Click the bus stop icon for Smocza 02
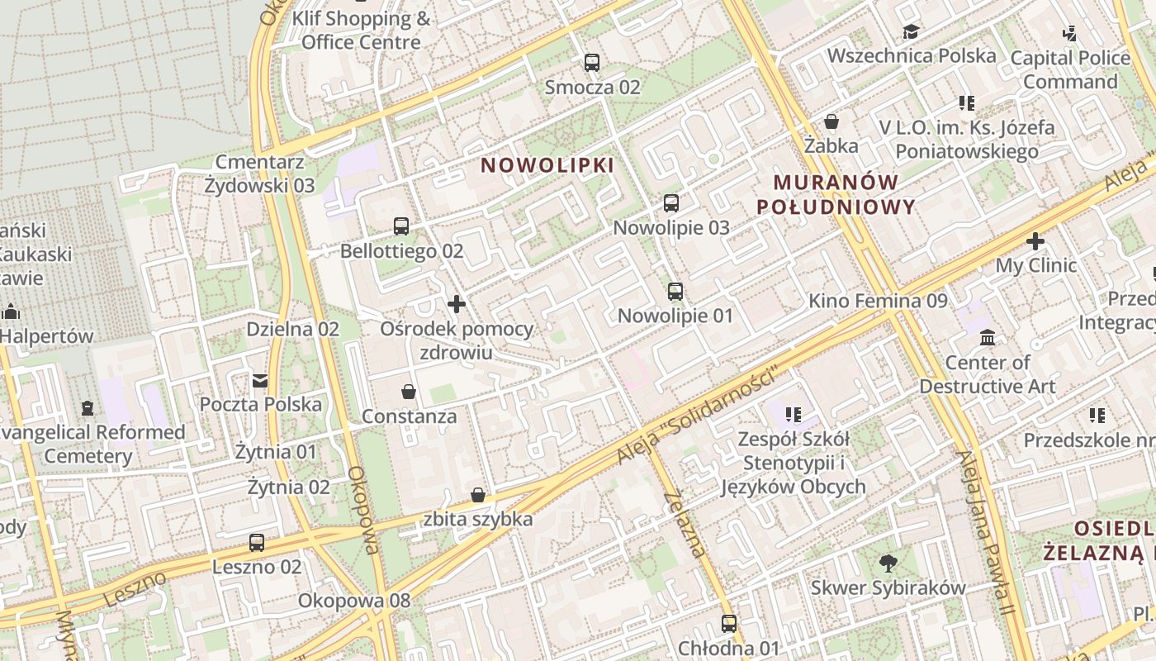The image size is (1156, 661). (591, 62)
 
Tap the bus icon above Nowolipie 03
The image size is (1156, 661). (671, 202)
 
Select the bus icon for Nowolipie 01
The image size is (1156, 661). (675, 291)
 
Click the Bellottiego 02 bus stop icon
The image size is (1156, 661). (401, 226)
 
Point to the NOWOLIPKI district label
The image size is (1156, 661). (547, 165)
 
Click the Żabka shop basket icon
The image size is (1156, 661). (831, 121)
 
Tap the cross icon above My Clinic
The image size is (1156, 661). (1035, 241)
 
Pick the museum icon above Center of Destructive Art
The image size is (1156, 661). (988, 337)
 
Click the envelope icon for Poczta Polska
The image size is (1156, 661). (260, 380)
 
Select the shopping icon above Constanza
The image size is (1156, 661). (409, 391)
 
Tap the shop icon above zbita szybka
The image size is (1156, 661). (478, 495)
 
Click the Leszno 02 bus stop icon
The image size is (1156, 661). (257, 543)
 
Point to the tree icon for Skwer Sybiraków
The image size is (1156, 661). (888, 564)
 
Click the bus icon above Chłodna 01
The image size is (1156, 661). (728, 623)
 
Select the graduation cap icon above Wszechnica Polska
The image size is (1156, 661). (911, 31)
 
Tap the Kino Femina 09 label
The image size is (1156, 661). (878, 301)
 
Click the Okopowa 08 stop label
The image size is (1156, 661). (354, 601)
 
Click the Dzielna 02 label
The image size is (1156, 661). (292, 329)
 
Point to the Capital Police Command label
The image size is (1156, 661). (1070, 69)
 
